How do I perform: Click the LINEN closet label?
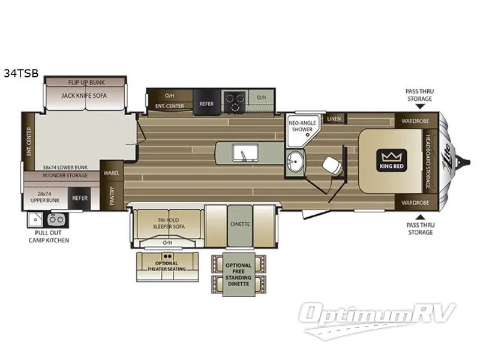click(334, 119)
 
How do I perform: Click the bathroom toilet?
click(329, 164)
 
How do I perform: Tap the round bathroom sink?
click(294, 161)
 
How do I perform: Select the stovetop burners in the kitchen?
click(233, 99)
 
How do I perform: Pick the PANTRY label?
click(112, 193)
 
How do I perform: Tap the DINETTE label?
click(239, 224)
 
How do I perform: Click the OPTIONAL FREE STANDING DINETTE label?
click(238, 273)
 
